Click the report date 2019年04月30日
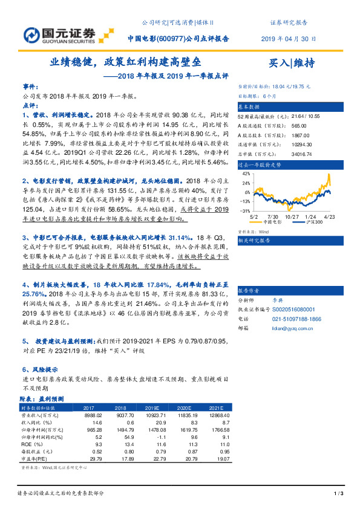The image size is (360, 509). pos(287,37)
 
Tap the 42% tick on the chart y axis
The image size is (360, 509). pos(246,173)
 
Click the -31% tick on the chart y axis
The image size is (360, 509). pos(245,210)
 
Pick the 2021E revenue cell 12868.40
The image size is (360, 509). pos(220,416)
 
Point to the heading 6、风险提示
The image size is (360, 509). pos(40,369)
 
